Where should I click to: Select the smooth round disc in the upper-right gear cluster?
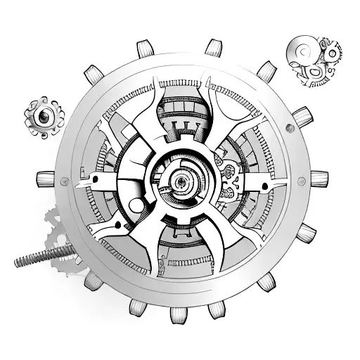[300, 52]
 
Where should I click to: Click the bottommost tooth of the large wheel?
[178, 314]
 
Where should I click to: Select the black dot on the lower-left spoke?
[116, 225]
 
